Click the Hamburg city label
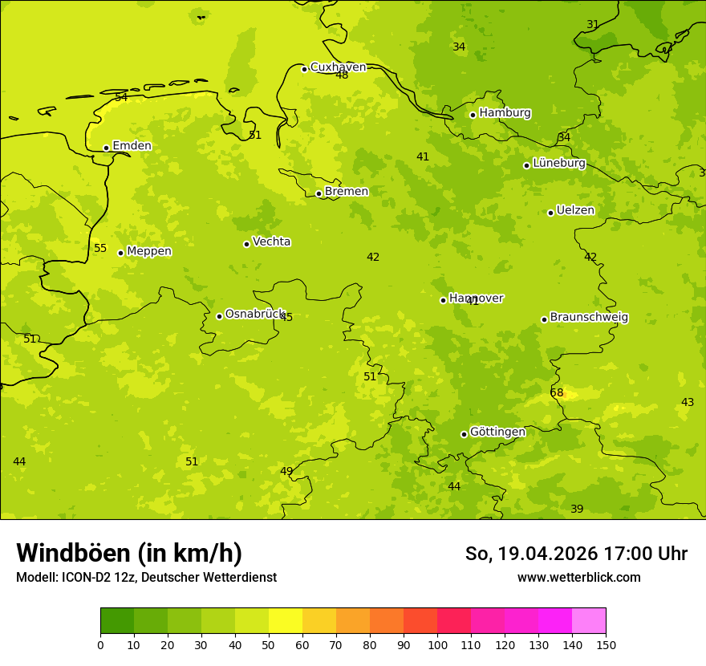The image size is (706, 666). point(505,113)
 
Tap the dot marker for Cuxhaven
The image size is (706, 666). point(304,69)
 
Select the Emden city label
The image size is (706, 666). point(132,146)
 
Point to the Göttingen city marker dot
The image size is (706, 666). point(464,434)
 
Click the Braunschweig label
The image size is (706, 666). point(589,318)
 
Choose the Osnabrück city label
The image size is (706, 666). point(254,315)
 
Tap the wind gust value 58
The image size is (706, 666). point(557,392)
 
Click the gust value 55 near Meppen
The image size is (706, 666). point(100,248)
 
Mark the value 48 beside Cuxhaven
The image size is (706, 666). point(342,75)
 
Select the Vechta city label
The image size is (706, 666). point(271,242)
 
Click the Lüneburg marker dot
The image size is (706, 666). point(526,165)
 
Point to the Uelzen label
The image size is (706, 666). point(575,211)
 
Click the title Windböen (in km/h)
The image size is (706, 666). point(129,553)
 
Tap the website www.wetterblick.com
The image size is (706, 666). point(578,578)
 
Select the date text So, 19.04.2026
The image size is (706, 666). point(529,554)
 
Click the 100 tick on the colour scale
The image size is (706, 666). point(437,644)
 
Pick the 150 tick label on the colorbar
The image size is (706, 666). point(606,644)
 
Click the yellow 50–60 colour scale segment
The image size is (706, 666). point(286,621)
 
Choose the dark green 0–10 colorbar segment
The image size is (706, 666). point(117,621)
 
